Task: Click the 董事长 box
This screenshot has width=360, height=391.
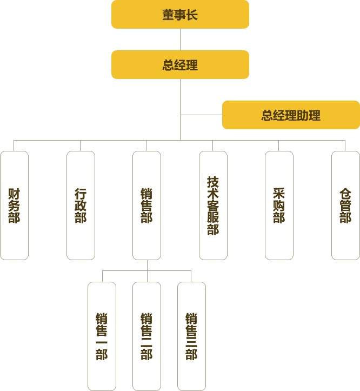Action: click(180, 15)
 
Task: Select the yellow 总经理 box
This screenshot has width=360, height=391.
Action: click(180, 65)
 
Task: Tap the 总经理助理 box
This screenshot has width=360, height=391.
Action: click(291, 115)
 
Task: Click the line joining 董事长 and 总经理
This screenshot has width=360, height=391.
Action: click(180, 39)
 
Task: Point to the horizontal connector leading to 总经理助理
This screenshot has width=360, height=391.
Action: click(201, 115)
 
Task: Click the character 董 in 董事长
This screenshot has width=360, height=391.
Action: click(168, 15)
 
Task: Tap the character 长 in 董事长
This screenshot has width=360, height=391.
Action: click(192, 15)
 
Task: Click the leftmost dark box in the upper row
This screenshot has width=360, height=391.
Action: click(14, 206)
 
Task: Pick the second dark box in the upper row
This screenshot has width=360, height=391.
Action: click(80, 206)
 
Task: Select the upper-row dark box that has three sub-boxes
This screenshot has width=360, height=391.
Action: click(146, 206)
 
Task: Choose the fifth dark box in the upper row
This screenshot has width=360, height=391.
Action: click(278, 206)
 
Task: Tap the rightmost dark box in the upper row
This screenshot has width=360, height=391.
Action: click(345, 206)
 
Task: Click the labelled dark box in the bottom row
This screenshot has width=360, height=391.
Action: click(101, 335)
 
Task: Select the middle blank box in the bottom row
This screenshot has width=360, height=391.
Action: click(146, 335)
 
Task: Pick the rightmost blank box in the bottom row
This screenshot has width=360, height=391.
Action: click(191, 335)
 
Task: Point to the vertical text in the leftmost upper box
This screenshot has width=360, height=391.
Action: click(14, 206)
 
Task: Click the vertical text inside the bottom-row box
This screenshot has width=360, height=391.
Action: click(101, 336)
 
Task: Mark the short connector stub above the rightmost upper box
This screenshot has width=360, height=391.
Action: click(345, 145)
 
